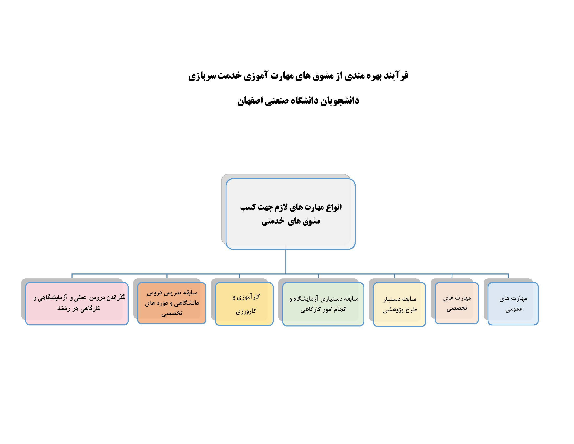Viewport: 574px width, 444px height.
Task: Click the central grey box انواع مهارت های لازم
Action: click(x=290, y=214)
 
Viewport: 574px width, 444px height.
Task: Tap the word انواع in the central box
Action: click(x=334, y=207)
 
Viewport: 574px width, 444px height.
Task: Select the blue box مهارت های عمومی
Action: click(x=513, y=303)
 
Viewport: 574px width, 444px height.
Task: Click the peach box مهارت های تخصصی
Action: click(x=457, y=303)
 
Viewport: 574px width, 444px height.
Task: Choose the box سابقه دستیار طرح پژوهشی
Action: click(x=399, y=304)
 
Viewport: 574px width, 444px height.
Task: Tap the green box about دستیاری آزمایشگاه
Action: click(x=323, y=304)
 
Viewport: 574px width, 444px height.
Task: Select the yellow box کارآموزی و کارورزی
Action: click(x=244, y=304)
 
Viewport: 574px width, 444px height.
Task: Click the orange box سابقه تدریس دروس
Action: click(x=172, y=303)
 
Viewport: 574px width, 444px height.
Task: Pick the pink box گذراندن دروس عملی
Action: click(x=77, y=303)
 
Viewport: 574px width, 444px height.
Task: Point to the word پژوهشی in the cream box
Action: click(x=391, y=310)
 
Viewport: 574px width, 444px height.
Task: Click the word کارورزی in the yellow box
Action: click(x=246, y=311)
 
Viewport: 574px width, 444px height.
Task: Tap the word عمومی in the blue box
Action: click(x=514, y=309)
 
